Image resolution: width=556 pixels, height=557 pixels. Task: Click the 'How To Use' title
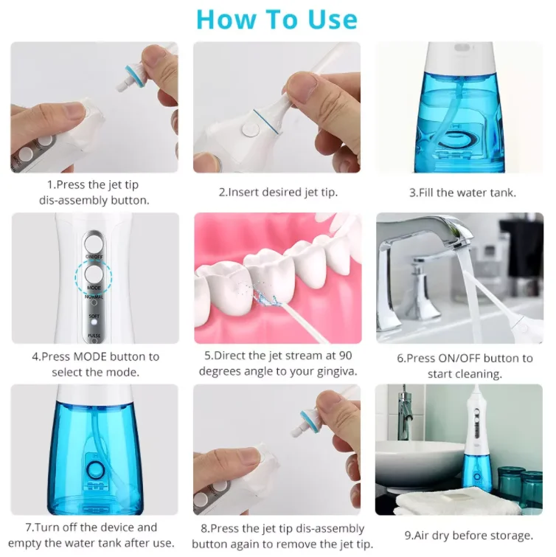coord(277,19)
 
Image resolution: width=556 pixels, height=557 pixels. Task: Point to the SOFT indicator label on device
coord(94,316)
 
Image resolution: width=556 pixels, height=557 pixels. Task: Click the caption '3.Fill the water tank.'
coord(462,193)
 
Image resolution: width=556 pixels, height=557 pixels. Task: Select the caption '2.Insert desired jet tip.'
coord(278,193)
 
